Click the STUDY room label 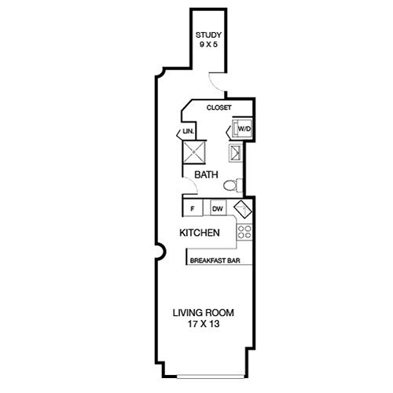pos(209,35)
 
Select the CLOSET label pos(219,108)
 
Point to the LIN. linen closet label pos(189,130)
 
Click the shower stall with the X pos(194,152)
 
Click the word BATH pos(207,175)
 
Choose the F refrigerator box pos(193,209)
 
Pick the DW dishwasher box pos(217,209)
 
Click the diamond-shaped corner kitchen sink pos(243,210)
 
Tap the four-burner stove pos(244,232)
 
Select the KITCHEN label pos(198,233)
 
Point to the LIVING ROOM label pos(203,313)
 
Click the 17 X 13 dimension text pos(203,324)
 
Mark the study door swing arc pos(217,79)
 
